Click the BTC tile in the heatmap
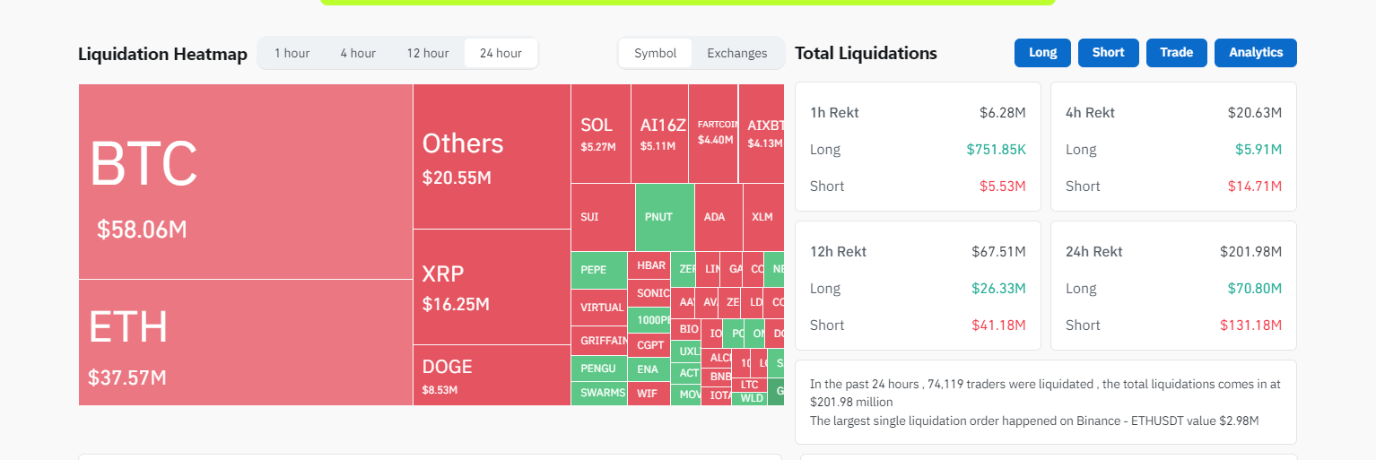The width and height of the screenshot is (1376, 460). pyautogui.click(x=245, y=182)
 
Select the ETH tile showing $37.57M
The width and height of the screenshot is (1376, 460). pyautogui.click(x=245, y=343)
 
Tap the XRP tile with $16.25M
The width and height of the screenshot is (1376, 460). pyautogui.click(x=492, y=287)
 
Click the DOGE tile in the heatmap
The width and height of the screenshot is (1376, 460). pyautogui.click(x=492, y=375)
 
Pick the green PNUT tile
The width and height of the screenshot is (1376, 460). pyautogui.click(x=664, y=217)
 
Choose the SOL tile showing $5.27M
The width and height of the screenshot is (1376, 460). pyautogui.click(x=600, y=134)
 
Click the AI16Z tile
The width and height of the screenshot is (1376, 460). pyautogui.click(x=659, y=134)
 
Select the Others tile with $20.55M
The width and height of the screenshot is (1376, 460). pyautogui.click(x=492, y=156)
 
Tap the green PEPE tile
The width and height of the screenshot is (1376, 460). pyautogui.click(x=598, y=270)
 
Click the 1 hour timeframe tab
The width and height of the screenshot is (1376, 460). pyautogui.click(x=292, y=53)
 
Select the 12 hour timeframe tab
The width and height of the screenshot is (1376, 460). pyautogui.click(x=427, y=53)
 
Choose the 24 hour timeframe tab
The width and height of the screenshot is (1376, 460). pyautogui.click(x=501, y=53)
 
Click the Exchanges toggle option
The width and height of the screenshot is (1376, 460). pyautogui.click(x=736, y=53)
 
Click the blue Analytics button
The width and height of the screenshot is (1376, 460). pyautogui.click(x=1255, y=53)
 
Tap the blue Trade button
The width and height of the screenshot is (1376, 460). pyautogui.click(x=1176, y=53)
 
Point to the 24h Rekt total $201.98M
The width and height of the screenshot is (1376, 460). pyautogui.click(x=1250, y=252)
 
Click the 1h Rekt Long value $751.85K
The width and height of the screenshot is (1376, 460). pyautogui.click(x=996, y=150)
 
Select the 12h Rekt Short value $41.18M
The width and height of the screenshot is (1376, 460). pyautogui.click(x=998, y=325)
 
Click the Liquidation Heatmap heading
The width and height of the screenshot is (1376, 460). pyautogui.click(x=162, y=54)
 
